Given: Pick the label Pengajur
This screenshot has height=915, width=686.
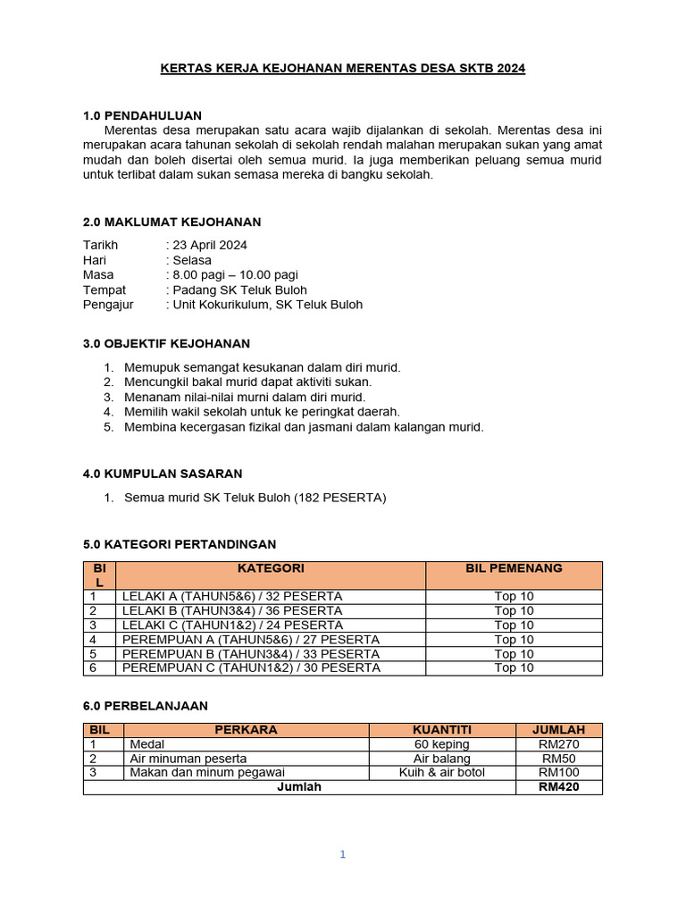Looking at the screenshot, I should [105, 305].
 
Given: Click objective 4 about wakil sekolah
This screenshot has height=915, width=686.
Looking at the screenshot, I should [262, 412].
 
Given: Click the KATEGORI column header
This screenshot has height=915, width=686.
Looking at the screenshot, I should [271, 568].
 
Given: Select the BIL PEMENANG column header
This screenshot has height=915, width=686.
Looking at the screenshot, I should [514, 568].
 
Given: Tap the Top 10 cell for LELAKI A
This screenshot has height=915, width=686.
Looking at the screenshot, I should [514, 596].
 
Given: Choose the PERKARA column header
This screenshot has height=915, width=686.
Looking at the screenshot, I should [246, 730].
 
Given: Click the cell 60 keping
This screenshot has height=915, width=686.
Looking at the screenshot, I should [442, 744].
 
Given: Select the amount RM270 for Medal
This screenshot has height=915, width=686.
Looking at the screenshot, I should [559, 744].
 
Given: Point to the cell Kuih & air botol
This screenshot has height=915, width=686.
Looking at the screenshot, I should [442, 772].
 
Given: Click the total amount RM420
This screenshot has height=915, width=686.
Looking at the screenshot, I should [559, 787].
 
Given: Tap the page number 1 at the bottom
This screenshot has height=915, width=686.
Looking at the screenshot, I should [342, 854].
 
